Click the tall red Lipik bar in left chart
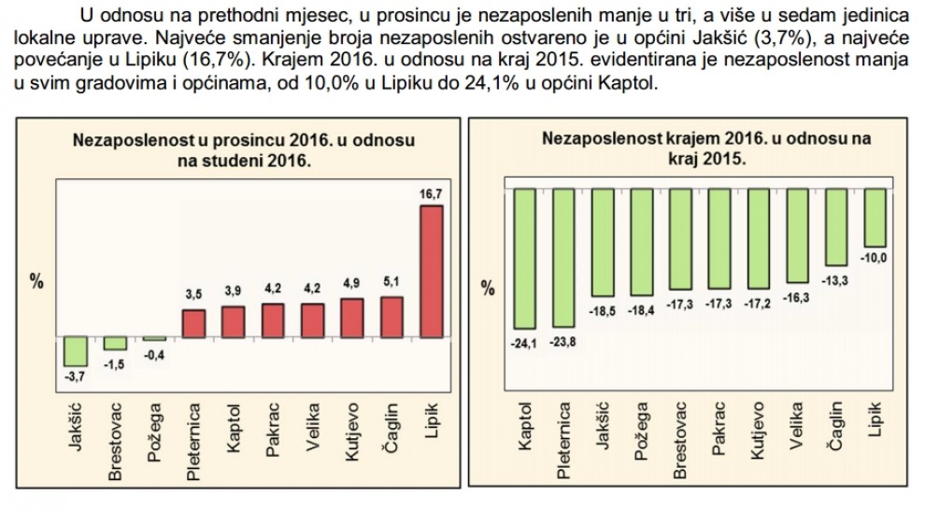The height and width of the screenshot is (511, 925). tap(431, 271)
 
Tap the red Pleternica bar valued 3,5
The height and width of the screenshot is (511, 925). tap(194, 322)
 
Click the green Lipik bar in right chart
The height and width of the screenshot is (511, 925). tap(875, 216)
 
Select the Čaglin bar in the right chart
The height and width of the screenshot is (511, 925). tap(835, 225)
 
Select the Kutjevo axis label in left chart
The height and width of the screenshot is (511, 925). tap(352, 430)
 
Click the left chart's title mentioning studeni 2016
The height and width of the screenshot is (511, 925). tap(244, 149)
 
